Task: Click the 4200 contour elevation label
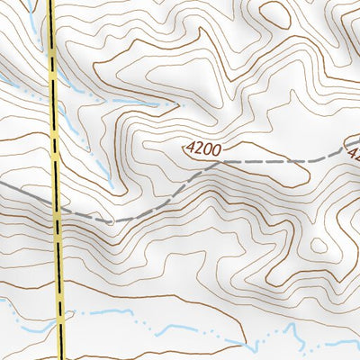click(204, 147)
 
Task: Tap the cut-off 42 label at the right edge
click(353, 153)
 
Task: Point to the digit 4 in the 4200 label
click(191, 144)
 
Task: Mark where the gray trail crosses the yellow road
click(57, 211)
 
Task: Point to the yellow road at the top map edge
click(50, 3)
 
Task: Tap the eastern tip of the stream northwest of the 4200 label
click(176, 105)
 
